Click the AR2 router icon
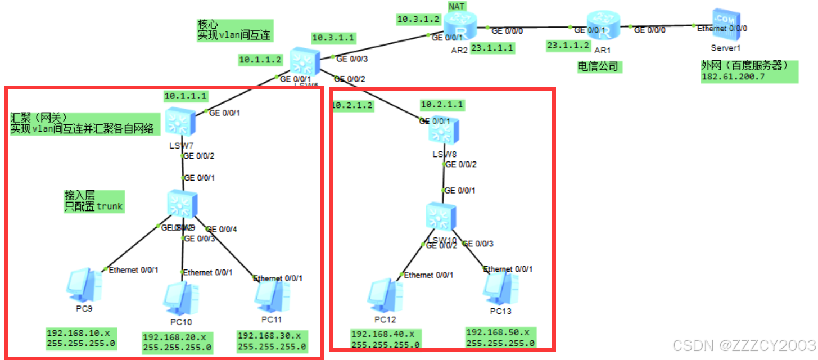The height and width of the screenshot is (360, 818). pyautogui.click(x=460, y=25)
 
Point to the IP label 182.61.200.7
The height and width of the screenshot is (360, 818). pyautogui.click(x=733, y=77)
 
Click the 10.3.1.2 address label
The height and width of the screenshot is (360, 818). pyautogui.click(x=418, y=19)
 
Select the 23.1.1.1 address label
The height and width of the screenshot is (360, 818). pyautogui.click(x=492, y=48)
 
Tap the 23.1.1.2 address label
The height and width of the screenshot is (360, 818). pyautogui.click(x=569, y=45)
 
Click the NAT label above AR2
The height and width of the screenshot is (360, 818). pyautogui.click(x=457, y=6)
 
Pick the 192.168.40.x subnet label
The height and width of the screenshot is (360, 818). pyautogui.click(x=383, y=334)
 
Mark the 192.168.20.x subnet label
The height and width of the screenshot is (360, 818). pyautogui.click(x=175, y=337)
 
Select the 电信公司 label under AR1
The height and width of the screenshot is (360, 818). pyautogui.click(x=598, y=67)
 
